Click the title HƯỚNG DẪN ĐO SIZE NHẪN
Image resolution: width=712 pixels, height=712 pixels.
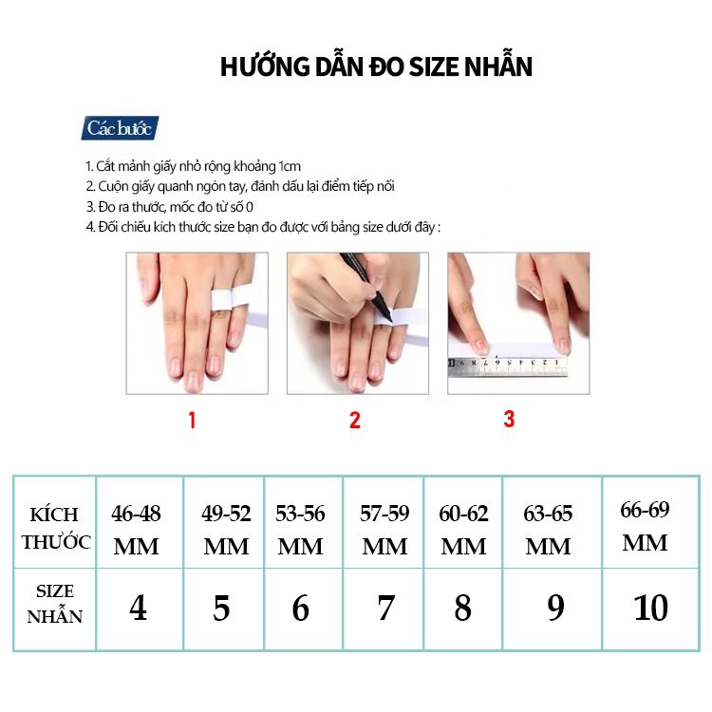coord(376,67)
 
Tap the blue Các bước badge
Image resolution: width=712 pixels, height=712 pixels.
coord(120,128)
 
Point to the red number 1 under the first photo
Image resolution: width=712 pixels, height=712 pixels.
coord(192,420)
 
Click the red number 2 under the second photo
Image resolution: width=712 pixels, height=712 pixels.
coord(355,420)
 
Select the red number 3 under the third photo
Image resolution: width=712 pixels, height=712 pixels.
coord(509,419)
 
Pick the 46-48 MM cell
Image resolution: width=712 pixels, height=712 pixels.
coord(137,530)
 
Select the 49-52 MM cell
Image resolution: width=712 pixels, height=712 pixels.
coord(226,530)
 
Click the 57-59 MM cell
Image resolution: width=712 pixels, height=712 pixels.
coord(384,530)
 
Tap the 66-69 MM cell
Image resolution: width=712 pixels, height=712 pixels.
coord(645,526)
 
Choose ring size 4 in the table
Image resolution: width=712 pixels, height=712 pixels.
coord(139,609)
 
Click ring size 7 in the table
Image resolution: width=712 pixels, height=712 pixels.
coord(384,609)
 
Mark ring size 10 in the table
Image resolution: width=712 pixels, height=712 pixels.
coord(650,609)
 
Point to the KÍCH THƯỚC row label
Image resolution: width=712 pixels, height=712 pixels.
coord(56,529)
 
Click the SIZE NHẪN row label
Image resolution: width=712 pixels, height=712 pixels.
coord(55,604)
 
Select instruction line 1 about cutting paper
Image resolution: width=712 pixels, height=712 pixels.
coord(193,166)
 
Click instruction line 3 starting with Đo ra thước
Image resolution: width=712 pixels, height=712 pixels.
coord(171,207)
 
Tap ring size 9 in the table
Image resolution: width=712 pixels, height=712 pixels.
coord(555,609)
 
